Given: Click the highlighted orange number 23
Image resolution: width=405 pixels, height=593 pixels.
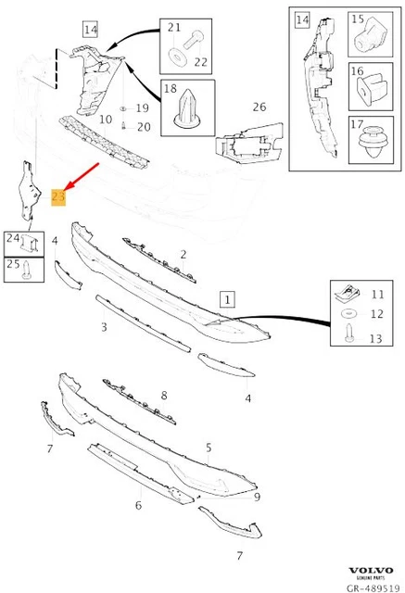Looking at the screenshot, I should tap(58, 196).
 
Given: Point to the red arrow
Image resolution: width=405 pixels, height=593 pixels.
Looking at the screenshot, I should tap(81, 175).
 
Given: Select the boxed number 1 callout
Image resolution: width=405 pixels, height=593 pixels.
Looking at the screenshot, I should tap(227, 299).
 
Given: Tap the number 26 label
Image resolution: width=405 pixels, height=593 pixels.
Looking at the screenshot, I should tap(259, 107).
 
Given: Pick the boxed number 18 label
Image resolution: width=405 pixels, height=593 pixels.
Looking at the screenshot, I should tap(170, 89).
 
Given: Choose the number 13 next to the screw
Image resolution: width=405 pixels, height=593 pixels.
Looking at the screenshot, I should tap(376, 339).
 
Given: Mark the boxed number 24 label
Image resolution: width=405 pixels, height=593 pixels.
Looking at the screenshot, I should tap(13, 239).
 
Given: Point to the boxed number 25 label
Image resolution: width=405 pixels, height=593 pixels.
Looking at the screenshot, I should tap(13, 265).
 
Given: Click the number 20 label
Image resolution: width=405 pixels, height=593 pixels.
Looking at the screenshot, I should tap(143, 126).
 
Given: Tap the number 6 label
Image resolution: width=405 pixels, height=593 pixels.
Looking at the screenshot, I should tap(138, 505).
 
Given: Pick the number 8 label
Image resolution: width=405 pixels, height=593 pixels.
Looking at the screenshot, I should tap(163, 396).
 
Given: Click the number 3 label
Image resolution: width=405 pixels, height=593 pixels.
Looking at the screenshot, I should tap(104, 327).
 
